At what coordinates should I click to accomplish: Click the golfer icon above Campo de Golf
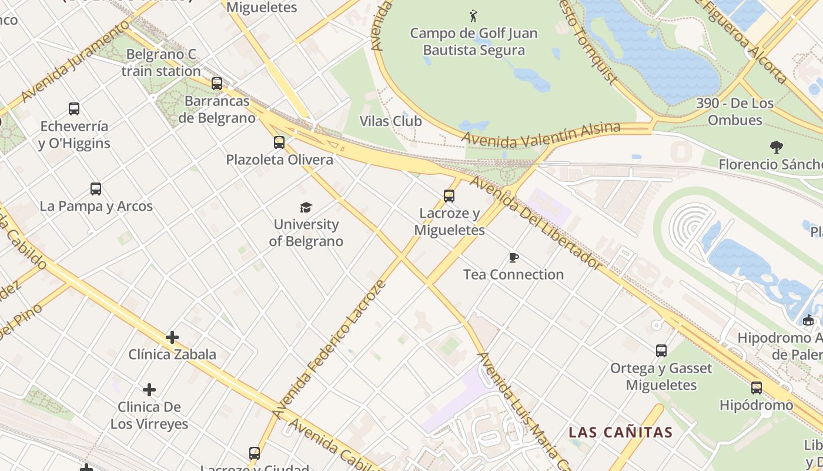coord(473,15)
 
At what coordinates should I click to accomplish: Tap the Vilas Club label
coord(391,121)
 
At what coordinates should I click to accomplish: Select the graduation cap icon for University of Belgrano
coord(306,207)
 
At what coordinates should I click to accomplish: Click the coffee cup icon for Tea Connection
coord(513,257)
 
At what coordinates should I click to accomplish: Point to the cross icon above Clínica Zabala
coord(172,337)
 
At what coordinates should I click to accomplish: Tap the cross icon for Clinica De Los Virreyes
coord(149,390)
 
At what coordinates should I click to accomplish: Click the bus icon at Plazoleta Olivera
coord(279,142)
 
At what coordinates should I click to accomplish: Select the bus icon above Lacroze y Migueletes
coord(449,196)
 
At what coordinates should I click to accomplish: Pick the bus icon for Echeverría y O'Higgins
coord(73,109)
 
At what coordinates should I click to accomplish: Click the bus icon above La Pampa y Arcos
coord(96,189)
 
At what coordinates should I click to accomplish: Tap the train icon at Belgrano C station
coord(217,84)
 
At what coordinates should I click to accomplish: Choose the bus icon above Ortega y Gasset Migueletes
coord(661,351)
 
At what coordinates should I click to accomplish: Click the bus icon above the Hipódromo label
coord(757,388)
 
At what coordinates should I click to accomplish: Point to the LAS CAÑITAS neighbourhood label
coord(620,433)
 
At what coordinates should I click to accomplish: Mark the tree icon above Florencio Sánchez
coord(776,147)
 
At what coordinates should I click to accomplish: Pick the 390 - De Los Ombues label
coord(735,111)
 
